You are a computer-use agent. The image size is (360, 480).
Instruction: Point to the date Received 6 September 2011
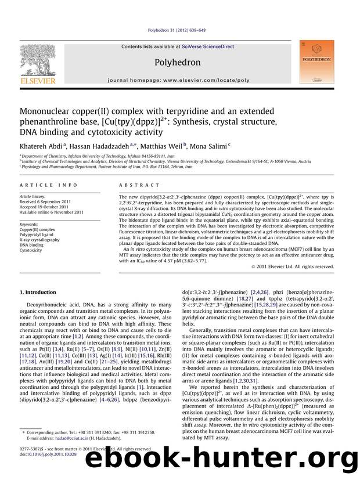(49, 201)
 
